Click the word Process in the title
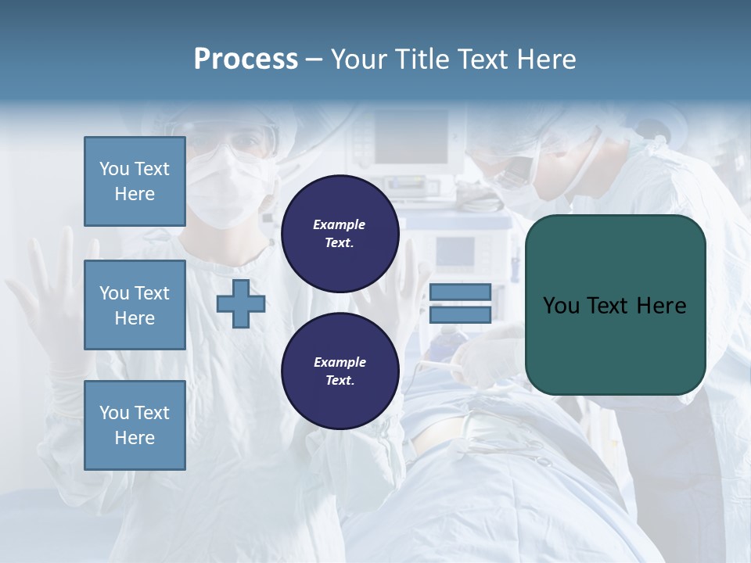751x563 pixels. tap(246, 59)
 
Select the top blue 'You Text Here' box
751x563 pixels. tap(135, 181)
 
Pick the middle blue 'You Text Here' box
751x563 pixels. tap(135, 305)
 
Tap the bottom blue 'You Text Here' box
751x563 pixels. tap(135, 425)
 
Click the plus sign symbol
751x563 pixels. tap(240, 303)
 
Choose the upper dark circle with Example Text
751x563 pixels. tap(340, 233)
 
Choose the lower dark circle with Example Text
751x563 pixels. tap(340, 371)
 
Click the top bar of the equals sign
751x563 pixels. tap(460, 292)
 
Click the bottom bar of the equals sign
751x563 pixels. tap(460, 314)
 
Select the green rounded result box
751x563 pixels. tap(615, 305)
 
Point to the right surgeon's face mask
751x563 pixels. tap(512, 174)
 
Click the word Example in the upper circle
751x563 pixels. tap(340, 224)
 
